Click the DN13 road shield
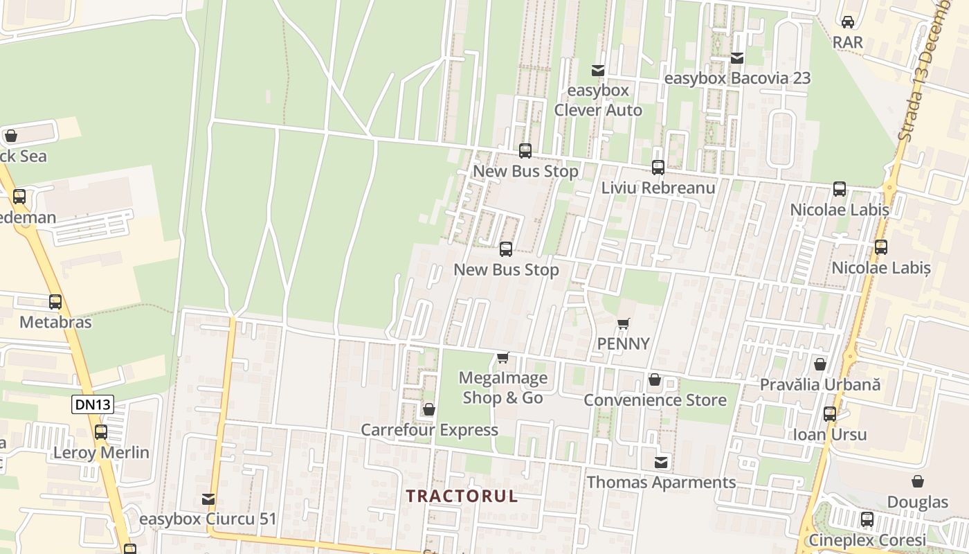pos(92,404)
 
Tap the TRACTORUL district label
pos(462,497)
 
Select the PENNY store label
pos(623,343)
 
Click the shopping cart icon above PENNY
pos(623,323)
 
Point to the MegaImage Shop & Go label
pos(504,388)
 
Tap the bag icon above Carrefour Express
pos(429,409)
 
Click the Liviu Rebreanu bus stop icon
pos(658,168)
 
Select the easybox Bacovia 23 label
pos(737,78)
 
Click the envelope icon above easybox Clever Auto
pos(597,71)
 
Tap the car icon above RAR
pos(848,22)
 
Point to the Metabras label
pos(55,322)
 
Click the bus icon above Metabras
pos(55,302)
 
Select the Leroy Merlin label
pos(101,453)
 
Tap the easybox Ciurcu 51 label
pos(208,519)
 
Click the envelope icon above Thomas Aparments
pos(662,462)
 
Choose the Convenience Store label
pos(655,400)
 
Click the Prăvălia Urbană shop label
pos(820,384)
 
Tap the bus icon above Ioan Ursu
pos(829,414)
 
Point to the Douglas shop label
pos(918,502)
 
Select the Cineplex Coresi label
pos(867,540)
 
